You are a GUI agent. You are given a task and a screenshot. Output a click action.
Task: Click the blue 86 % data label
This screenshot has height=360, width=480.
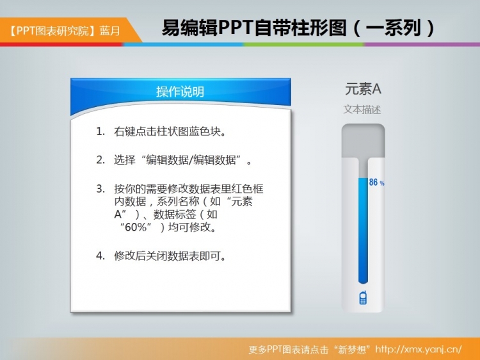coord(376,183)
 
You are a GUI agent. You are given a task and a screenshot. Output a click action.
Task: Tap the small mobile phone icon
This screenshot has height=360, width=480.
coord(363,297)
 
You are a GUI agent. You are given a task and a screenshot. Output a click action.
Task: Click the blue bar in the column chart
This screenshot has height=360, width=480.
coord(363,231)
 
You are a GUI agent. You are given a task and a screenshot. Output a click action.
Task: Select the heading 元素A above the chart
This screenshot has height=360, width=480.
coord(363,89)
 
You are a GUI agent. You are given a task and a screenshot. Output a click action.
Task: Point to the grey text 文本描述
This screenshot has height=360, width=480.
coord(362,110)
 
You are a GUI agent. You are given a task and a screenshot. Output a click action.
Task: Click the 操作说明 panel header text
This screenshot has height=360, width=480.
coord(180,92)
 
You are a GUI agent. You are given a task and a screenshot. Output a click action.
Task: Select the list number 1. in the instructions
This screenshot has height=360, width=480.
coord(100,131)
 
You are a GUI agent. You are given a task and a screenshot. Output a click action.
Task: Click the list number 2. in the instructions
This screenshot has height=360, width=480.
coord(100,160)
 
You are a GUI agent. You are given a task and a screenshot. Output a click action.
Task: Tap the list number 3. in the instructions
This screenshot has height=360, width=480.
coord(100,188)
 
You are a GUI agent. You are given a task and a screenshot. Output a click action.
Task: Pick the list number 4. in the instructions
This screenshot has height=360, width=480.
coord(100,256)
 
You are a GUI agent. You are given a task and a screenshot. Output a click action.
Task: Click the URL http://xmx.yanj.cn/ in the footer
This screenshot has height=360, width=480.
coord(418,349)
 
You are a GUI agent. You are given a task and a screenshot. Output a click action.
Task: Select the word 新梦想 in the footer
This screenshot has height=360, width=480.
coord(353,349)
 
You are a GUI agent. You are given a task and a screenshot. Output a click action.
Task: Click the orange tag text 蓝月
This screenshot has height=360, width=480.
coord(109,31)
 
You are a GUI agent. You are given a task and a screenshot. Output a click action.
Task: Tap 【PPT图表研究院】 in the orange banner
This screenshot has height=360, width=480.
coord(52,31)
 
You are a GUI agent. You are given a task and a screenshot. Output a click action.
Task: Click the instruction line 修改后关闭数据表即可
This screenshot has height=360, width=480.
coord(170,256)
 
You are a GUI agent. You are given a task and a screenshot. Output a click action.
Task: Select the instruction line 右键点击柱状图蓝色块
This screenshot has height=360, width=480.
coord(170,131)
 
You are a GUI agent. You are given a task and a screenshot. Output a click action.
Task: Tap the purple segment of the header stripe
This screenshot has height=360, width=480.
coord(422,44)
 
